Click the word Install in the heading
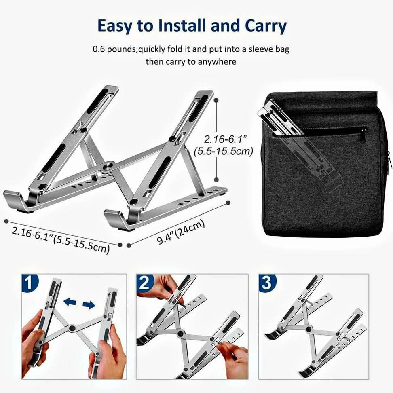point(182,25)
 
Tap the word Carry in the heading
point(266,26)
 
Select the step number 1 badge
point(30,283)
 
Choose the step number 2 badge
point(144,283)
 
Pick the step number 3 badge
point(267,283)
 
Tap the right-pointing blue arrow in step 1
point(89,305)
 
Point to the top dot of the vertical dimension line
point(216,100)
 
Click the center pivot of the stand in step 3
point(308,329)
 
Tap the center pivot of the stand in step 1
point(72,327)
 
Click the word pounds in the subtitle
point(121,49)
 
